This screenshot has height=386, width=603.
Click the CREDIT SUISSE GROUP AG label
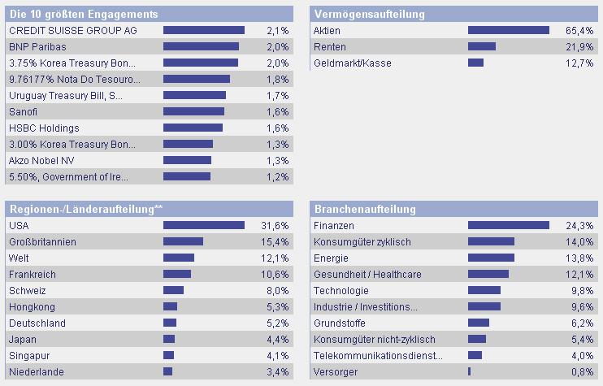pos(72,30)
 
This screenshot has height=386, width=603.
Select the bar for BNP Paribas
pos(201,46)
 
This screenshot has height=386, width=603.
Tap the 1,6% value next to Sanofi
pos(277,111)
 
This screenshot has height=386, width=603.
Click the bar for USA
pos(204,225)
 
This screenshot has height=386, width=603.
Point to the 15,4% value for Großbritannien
pos(276,241)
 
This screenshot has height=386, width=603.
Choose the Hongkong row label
pos(32,306)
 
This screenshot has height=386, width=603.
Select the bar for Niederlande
pos(168,371)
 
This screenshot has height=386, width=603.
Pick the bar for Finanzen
pos(509,225)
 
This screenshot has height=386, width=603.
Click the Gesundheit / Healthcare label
pos(367,274)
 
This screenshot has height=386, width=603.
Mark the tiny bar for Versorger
pos(470,371)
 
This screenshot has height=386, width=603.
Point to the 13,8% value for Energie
pos(579,258)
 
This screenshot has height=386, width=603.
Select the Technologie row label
pos(341,290)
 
